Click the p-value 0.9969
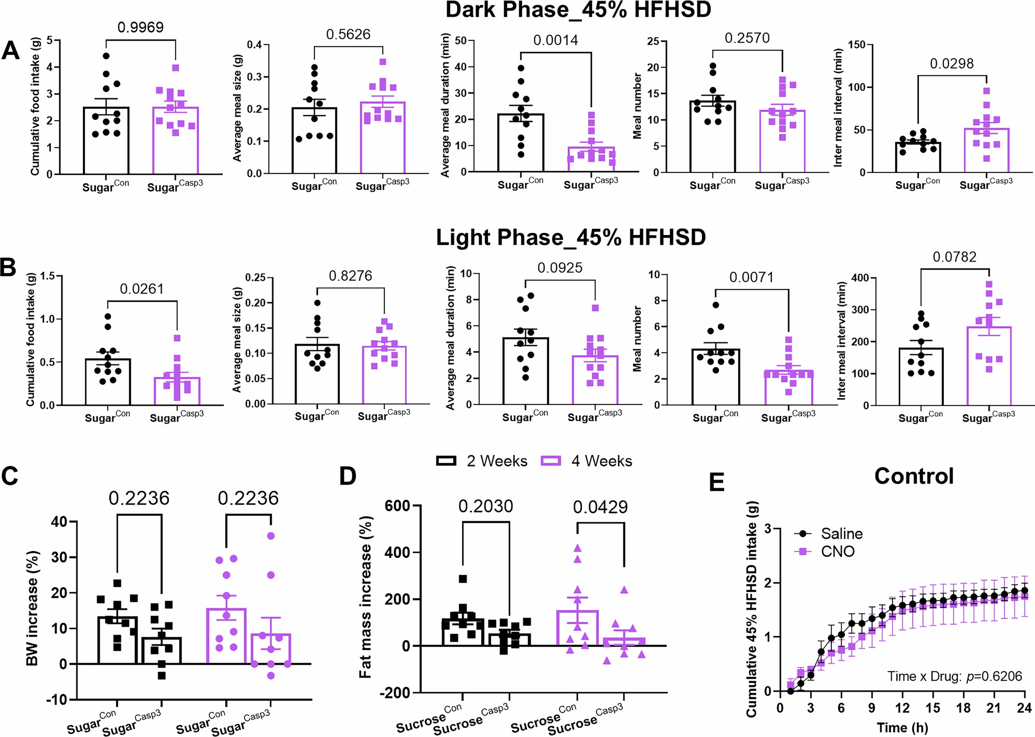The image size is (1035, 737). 140,27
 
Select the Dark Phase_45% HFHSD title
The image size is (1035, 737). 578,10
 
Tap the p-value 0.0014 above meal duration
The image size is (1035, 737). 555,40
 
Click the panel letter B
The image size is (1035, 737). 8,268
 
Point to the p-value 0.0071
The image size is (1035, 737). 751,278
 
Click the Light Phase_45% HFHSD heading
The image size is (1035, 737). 570,238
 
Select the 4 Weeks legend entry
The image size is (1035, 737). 586,461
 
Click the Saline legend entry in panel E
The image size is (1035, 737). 841,534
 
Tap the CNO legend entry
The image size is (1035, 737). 837,552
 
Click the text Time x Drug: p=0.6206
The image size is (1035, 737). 954,676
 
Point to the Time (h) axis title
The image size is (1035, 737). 902,728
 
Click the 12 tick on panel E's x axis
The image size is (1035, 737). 902,708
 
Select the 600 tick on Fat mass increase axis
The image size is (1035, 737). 397,506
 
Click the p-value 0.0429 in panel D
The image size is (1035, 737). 600,507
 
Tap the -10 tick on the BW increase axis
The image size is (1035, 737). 57,700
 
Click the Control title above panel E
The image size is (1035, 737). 914,476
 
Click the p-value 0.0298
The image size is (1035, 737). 952,64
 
